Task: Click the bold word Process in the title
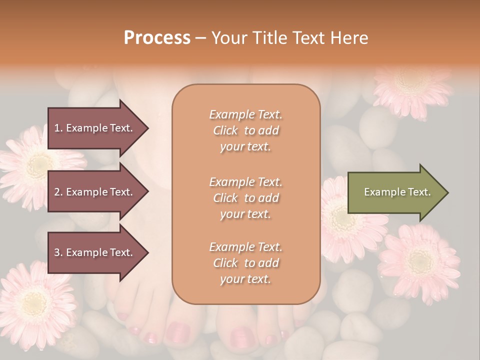tap(157, 38)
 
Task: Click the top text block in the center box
tap(245, 130)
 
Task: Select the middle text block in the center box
tap(245, 197)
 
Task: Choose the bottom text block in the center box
tap(245, 263)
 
